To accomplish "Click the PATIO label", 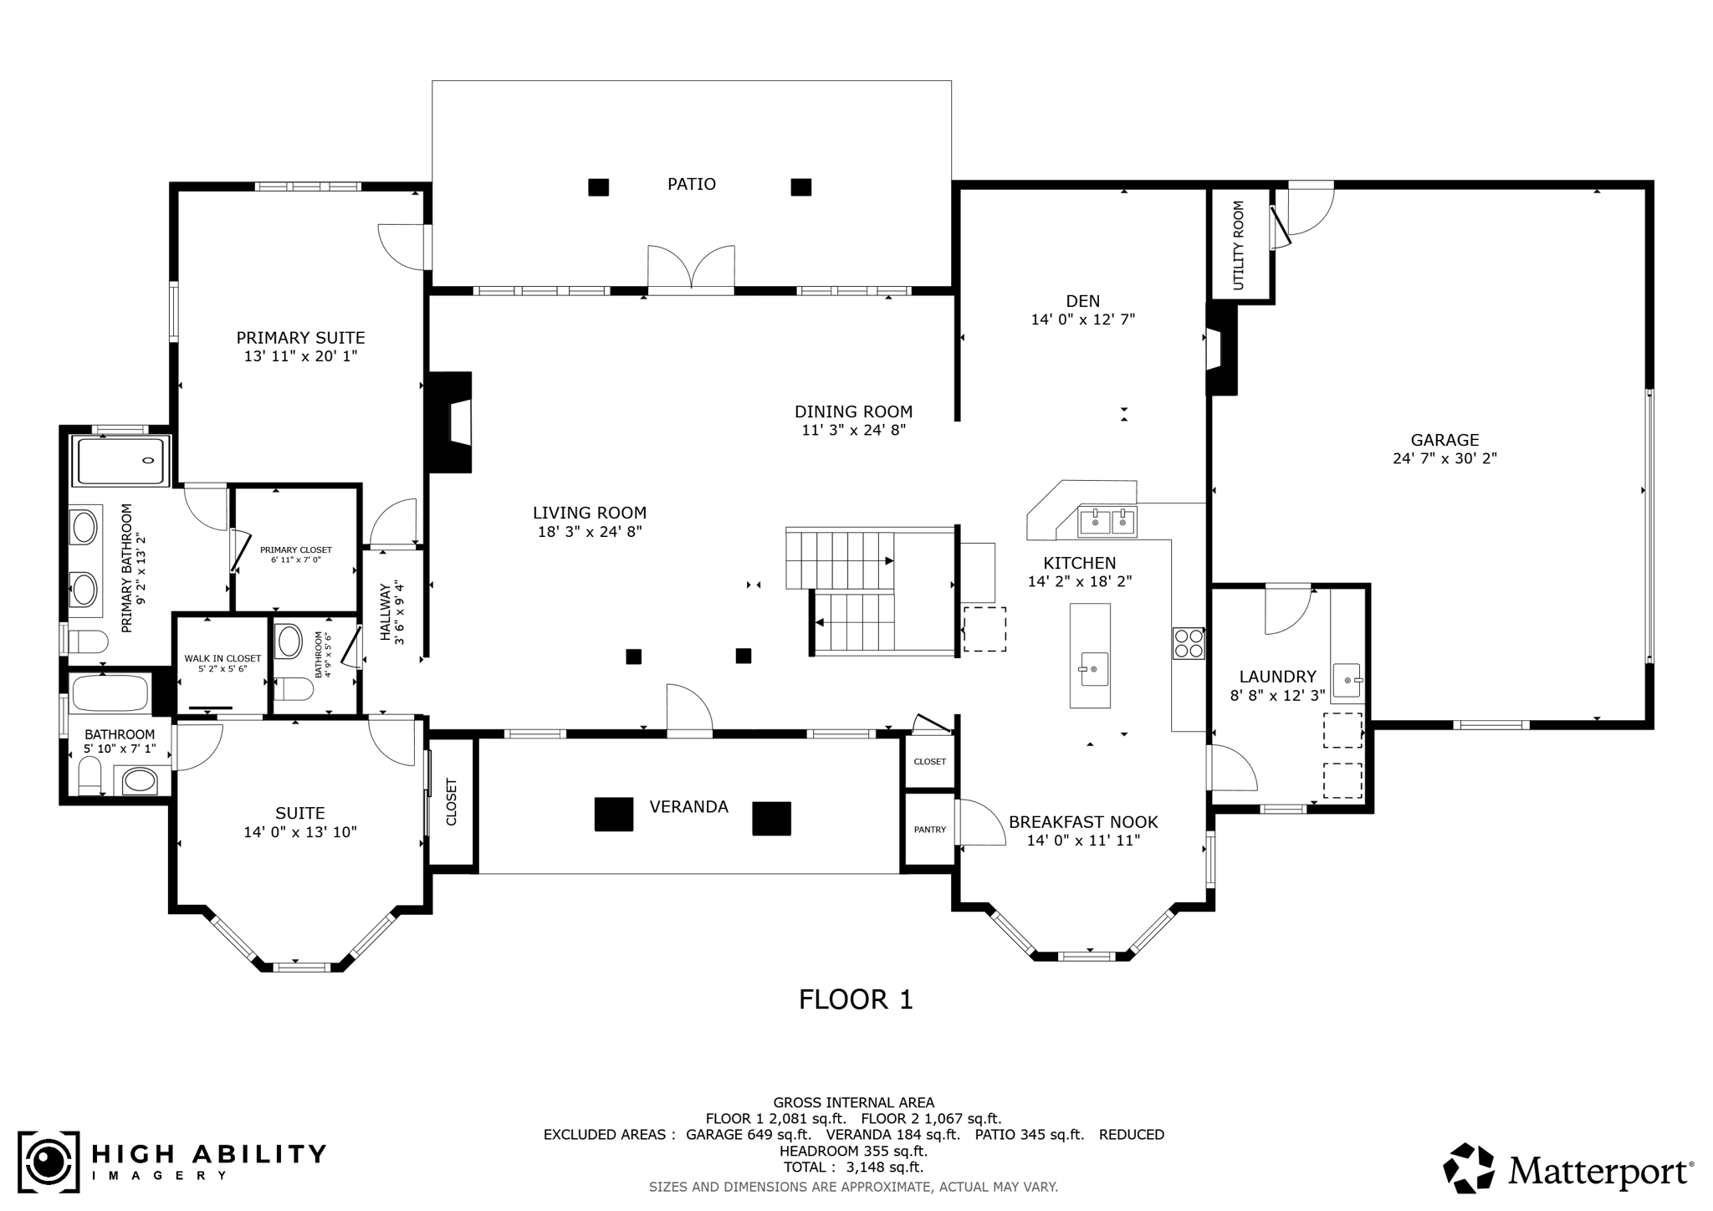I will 691,184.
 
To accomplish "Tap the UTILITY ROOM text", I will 1239,245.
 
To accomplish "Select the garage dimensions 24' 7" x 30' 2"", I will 1445,458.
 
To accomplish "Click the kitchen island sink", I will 1092,669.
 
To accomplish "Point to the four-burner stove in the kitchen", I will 1188,642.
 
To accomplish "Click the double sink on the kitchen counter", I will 1107,522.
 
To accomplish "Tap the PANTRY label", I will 929,830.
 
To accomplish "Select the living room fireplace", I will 453,422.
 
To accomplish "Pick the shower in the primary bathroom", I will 122,460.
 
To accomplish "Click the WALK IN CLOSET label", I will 222,659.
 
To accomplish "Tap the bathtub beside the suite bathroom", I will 110,692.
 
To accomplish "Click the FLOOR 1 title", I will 856,999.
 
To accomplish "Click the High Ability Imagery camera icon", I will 49,1162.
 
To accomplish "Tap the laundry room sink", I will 1347,680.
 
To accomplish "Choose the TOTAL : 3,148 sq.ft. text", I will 853,1167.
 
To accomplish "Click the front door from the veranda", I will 689,711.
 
